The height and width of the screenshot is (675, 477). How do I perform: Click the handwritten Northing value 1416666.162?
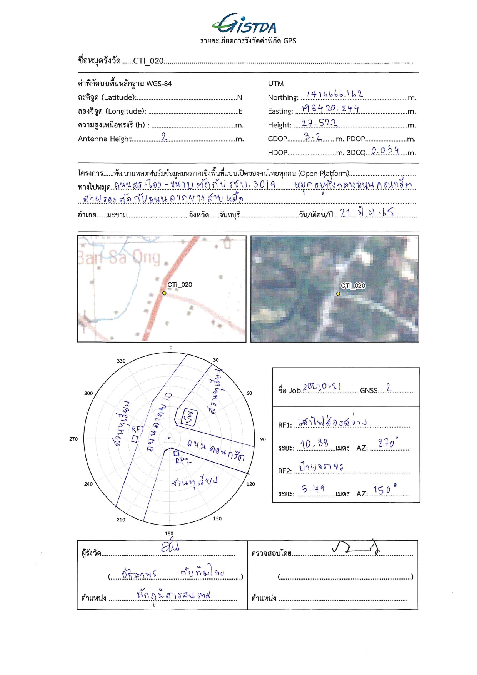(x=334, y=94)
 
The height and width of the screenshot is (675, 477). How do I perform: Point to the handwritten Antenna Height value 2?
(x=164, y=136)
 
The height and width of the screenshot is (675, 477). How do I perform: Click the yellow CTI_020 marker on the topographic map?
(x=164, y=293)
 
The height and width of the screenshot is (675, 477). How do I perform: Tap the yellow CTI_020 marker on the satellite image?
(x=338, y=294)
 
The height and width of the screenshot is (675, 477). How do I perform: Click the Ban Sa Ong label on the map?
(x=119, y=257)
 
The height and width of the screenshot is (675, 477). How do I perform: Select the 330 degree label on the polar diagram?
(x=121, y=361)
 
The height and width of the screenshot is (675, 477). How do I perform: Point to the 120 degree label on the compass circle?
(x=250, y=484)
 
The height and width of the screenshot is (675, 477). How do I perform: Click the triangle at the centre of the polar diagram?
(x=170, y=438)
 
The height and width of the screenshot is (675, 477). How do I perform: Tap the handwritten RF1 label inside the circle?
(x=137, y=429)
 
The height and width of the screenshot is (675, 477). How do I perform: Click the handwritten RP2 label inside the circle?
(x=183, y=461)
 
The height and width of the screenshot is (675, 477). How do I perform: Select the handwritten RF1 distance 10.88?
(x=314, y=444)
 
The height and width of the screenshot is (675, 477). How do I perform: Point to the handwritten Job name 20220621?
(x=322, y=387)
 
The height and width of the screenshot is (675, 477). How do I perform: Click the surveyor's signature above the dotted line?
(x=170, y=546)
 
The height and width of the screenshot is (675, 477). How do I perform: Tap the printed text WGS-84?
(x=159, y=84)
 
